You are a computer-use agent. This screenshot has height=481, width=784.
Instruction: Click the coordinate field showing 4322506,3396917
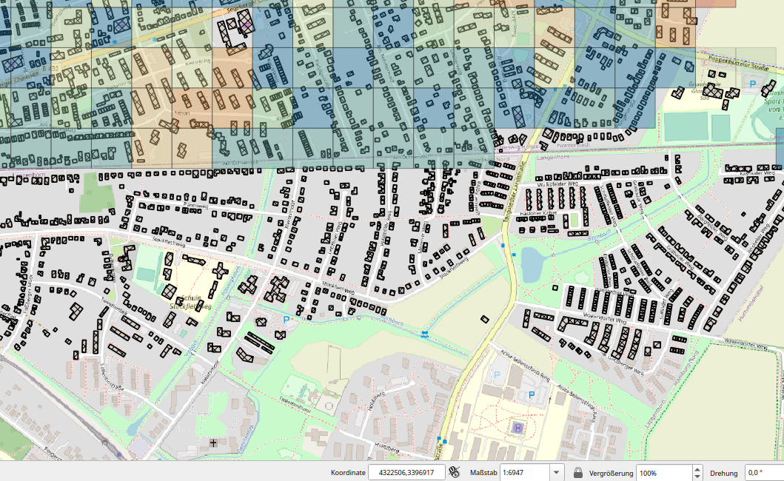tap(406, 472)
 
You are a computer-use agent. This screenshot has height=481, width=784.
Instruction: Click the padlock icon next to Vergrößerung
tap(578, 472)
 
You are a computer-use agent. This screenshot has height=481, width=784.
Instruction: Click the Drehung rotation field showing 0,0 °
tap(763, 472)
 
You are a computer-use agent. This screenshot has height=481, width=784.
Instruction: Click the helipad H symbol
tap(517, 427)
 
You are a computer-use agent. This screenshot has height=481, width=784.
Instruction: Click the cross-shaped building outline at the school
tap(220, 271)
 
